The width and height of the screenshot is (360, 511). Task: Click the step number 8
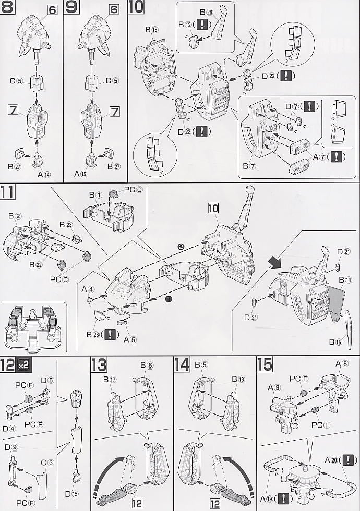click(x=8, y=8)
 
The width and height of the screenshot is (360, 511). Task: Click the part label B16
click(x=152, y=30)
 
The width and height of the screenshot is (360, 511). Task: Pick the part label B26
click(x=206, y=12)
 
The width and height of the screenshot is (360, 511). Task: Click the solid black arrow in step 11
click(x=272, y=259)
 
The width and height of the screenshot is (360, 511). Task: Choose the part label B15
click(x=335, y=342)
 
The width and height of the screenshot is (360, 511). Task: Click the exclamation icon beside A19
click(x=283, y=498)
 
